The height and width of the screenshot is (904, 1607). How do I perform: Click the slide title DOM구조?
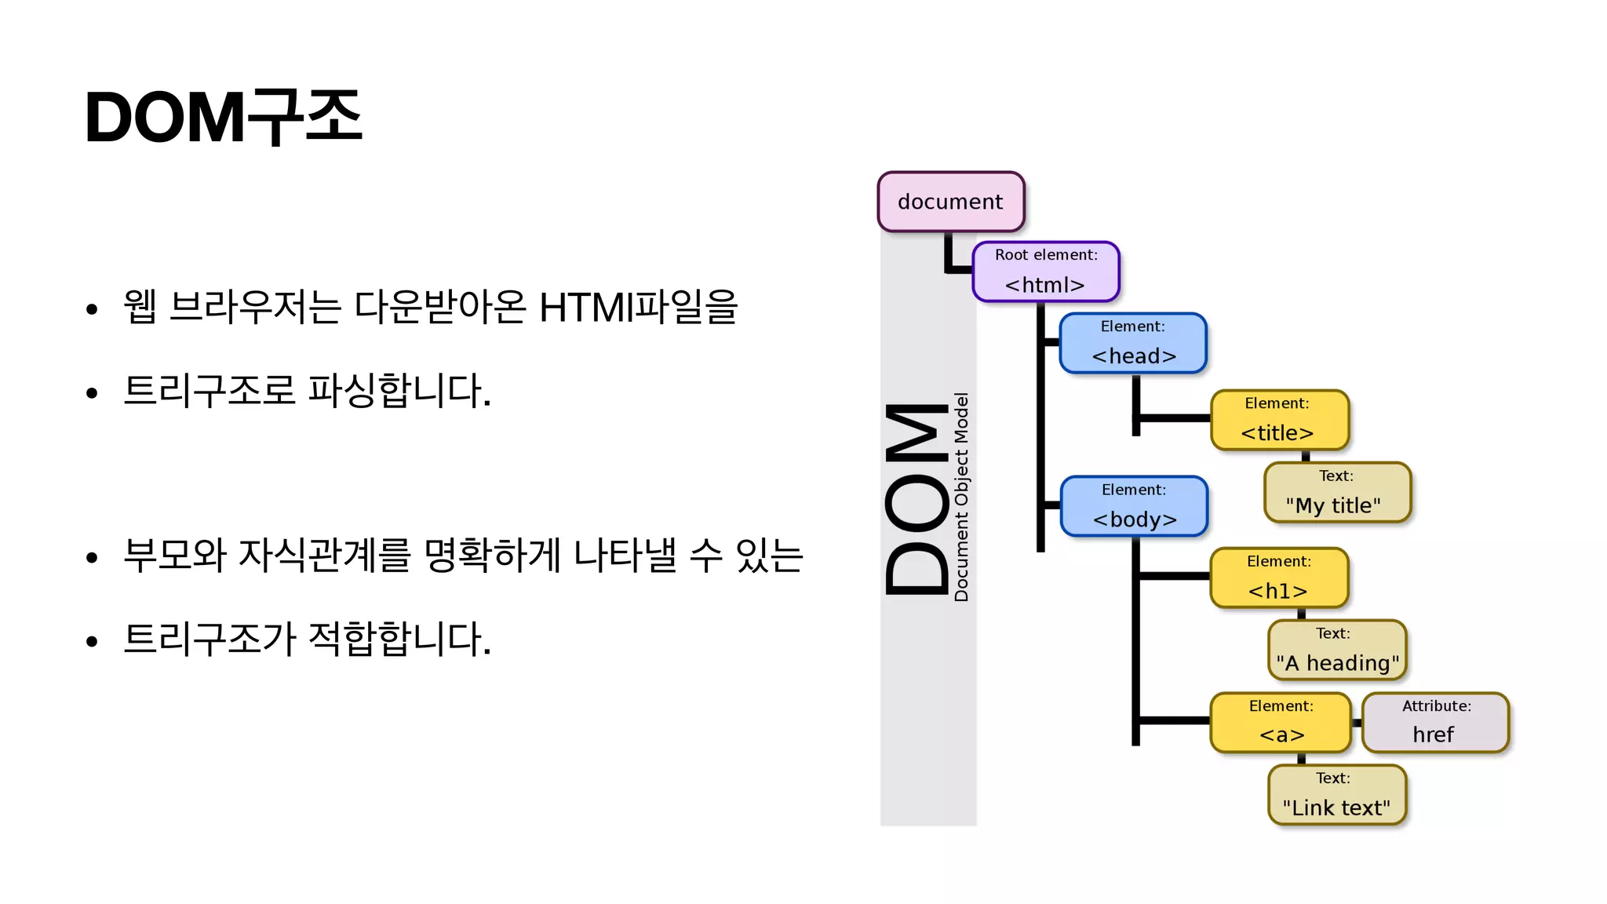tap(224, 118)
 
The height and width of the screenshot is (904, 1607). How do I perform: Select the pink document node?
tap(950, 202)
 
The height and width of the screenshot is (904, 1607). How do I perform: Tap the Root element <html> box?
tap(1045, 272)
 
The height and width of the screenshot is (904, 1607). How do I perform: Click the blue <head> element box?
tap(1133, 343)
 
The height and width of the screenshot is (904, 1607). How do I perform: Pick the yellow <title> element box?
tap(1279, 420)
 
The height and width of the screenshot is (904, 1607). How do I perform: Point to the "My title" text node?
tap(1336, 493)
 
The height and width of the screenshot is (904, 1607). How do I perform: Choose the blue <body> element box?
tap(1134, 506)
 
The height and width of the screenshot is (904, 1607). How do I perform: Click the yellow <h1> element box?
tap(1279, 578)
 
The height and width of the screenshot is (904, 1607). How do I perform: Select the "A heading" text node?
tap(1337, 650)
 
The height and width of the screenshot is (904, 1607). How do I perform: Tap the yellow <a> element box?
tap(1281, 722)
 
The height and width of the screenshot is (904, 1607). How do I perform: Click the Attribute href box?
tap(1435, 722)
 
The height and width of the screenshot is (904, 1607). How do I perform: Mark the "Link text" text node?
tap(1336, 794)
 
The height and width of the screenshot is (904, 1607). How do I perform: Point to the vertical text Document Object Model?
tap(961, 498)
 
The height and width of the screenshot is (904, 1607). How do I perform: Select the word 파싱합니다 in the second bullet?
tap(399, 391)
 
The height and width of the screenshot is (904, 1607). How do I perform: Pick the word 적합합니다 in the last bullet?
tap(399, 639)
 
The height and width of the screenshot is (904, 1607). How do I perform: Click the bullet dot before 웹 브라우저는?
tap(92, 309)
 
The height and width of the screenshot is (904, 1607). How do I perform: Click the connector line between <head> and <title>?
tap(1173, 418)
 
